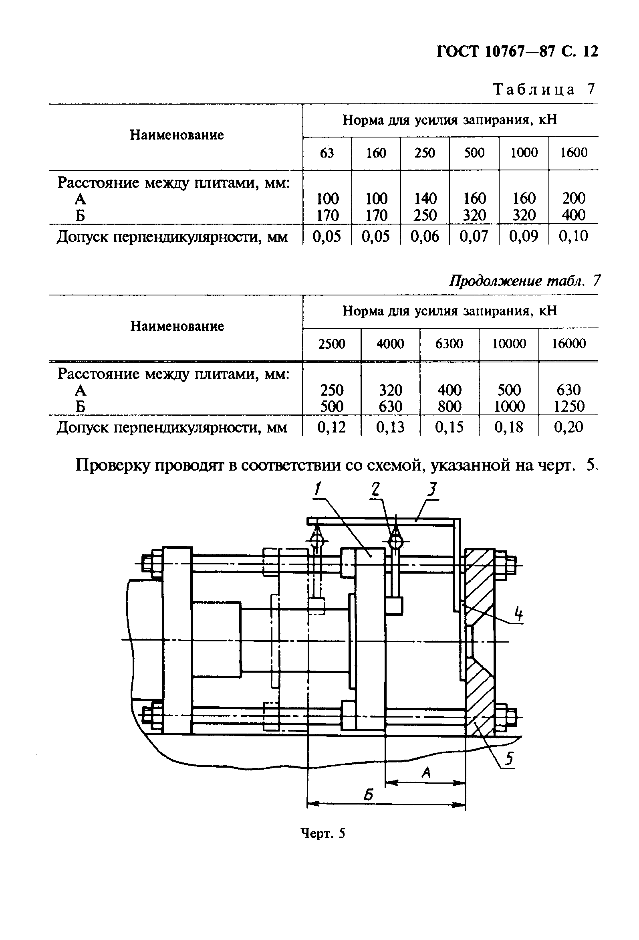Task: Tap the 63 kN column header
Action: (327, 153)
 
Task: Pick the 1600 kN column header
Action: (573, 153)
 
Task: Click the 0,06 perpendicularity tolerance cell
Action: (424, 236)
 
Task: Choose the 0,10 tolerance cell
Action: (573, 236)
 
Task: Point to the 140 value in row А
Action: (425, 198)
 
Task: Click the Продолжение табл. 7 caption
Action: (524, 280)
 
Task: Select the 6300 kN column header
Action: (449, 344)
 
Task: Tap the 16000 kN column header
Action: (568, 344)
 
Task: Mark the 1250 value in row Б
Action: (568, 406)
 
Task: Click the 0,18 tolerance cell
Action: (508, 427)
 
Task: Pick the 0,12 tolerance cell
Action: (331, 427)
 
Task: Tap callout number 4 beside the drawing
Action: (518, 615)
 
